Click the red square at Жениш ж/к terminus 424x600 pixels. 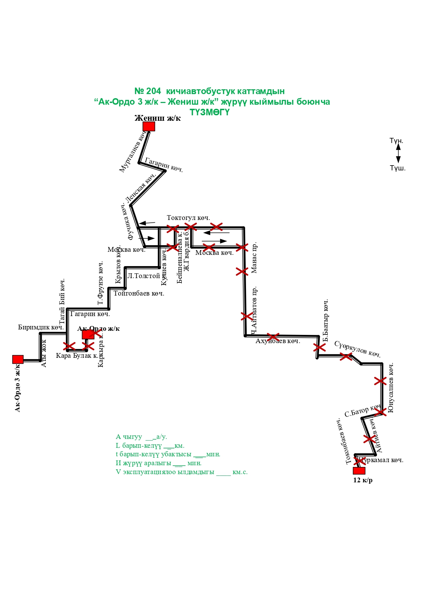pos(149,126)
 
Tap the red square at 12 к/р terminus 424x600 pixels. pos(359,471)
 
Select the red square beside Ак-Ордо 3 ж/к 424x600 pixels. pos(18,359)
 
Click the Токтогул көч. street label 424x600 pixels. pos(188,218)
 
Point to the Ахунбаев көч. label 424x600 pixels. pos(278,341)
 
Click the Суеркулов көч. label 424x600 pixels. pos(357,349)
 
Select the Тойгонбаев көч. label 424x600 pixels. pos(139,294)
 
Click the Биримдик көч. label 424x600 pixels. pos(41,327)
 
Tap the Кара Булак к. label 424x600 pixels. pos(77,356)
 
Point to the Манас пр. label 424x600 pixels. pos(254,258)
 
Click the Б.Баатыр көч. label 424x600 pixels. pos(326,321)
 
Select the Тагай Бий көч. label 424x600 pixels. pos(62,301)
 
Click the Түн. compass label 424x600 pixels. pos(396,141)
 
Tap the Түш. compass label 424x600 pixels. pos(398,168)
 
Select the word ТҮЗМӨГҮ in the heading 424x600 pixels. pos(209,112)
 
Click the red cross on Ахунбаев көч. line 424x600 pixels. pos(273,337)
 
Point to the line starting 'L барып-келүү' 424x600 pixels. pos(150,446)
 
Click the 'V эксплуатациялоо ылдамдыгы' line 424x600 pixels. pos(181,472)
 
